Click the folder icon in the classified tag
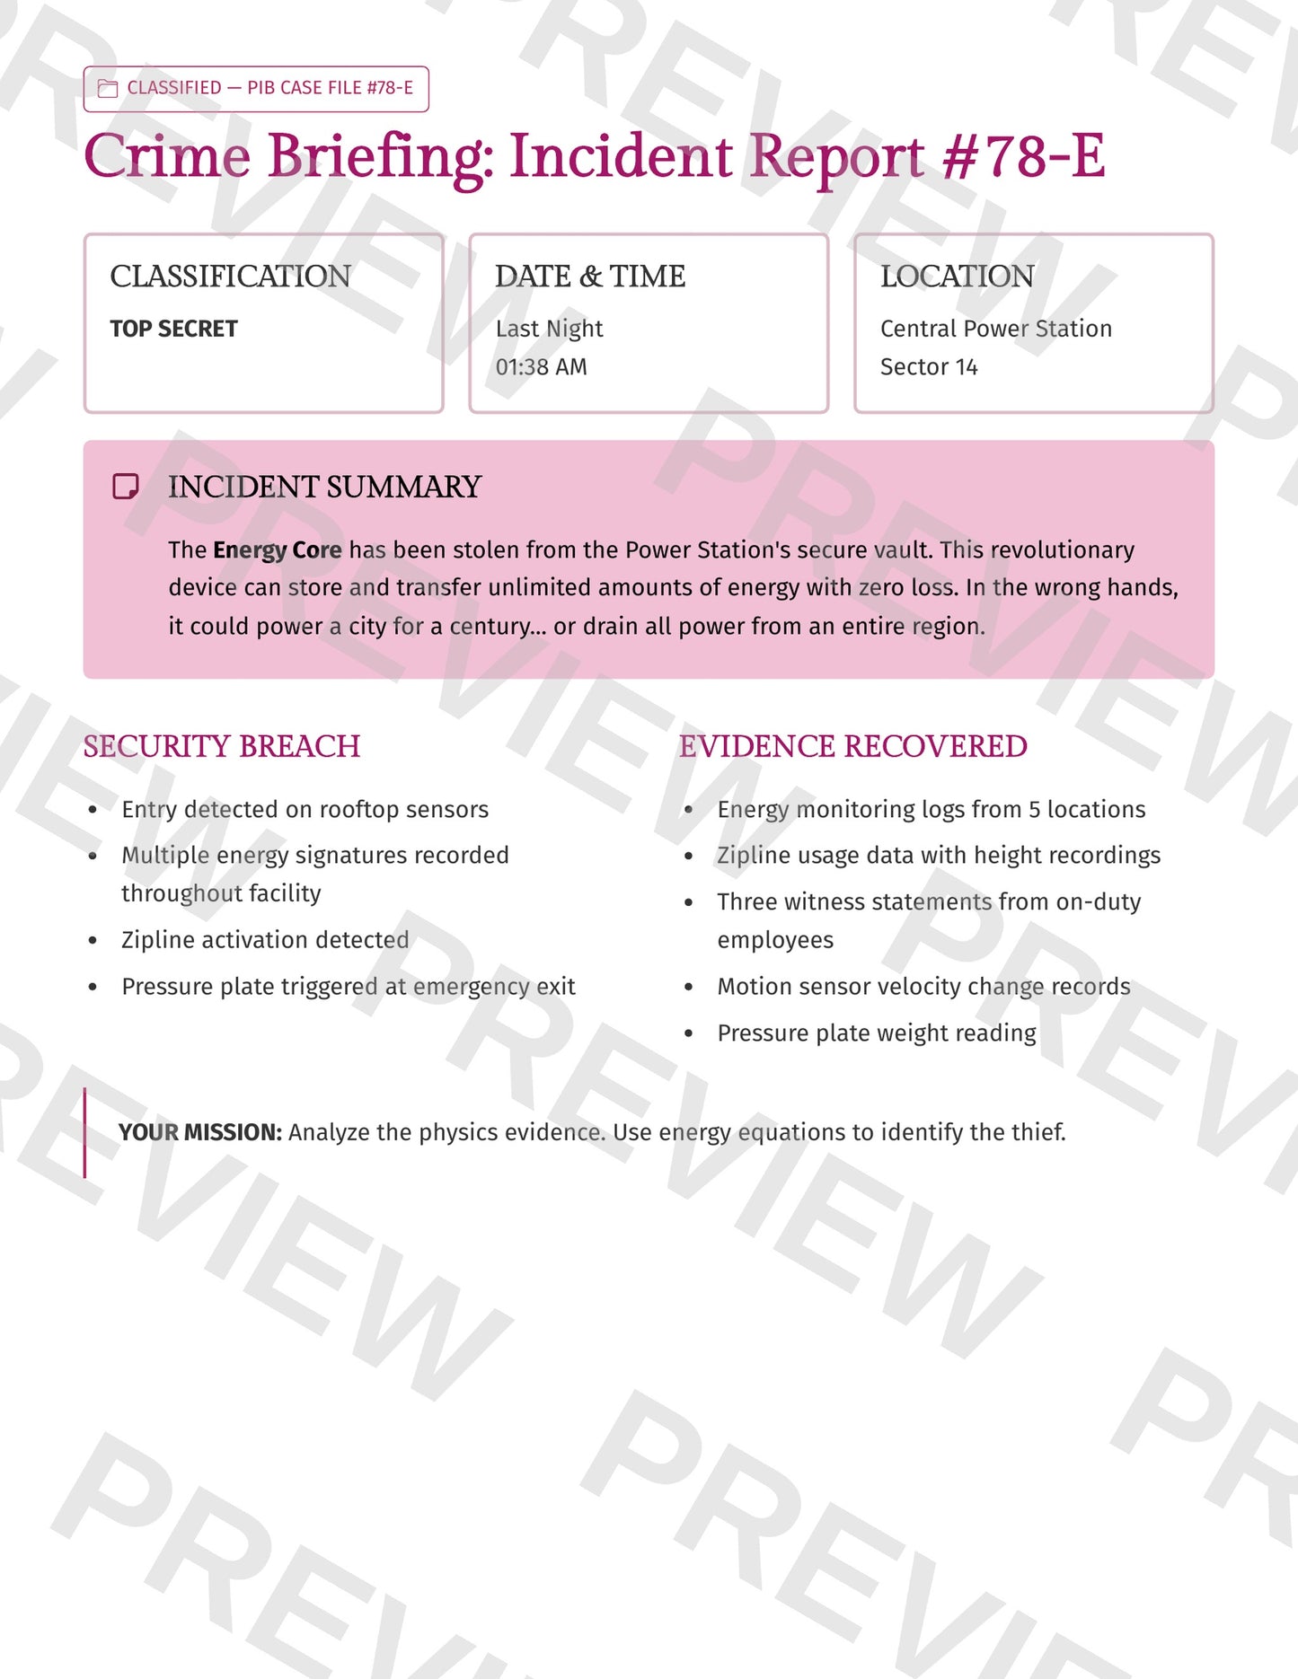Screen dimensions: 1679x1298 pos(108,88)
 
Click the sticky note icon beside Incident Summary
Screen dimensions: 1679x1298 pos(125,487)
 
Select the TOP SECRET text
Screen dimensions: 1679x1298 pos(173,329)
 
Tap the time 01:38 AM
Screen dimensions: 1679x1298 pos(541,367)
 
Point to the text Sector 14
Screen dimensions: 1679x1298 pos(928,367)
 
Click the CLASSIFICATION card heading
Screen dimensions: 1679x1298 pos(230,277)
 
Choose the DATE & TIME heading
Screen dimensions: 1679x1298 pos(589,277)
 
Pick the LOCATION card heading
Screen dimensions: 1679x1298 pos(957,277)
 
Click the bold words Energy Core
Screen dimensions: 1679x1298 pos(277,549)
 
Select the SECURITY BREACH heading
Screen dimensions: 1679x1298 pos(221,746)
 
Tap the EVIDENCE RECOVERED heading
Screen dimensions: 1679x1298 pos(852,746)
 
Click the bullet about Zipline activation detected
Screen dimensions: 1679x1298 pos(265,940)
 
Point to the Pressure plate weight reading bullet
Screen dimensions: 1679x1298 pos(876,1033)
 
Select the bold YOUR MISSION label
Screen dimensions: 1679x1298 pos(200,1132)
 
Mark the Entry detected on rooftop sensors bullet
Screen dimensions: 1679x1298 pos(305,810)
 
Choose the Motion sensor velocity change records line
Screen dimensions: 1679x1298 pos(923,987)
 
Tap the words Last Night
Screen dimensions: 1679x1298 pos(549,329)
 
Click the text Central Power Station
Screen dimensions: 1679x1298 pos(995,329)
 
